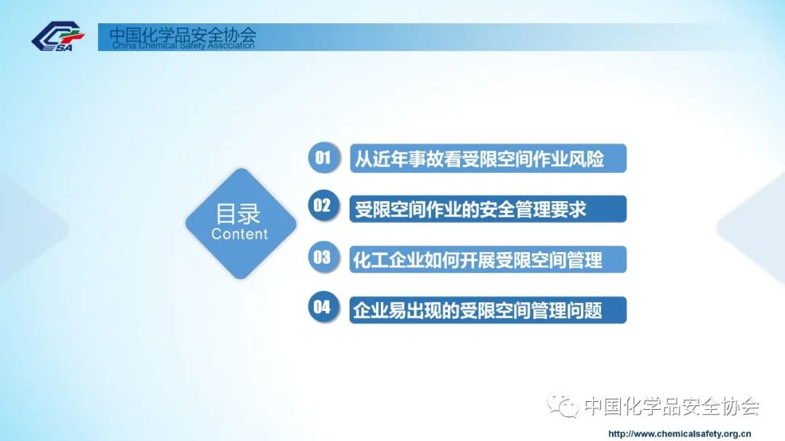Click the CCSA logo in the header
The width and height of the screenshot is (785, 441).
(x=58, y=36)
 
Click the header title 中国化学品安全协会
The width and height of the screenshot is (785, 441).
(x=182, y=35)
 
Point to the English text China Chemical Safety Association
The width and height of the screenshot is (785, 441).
(x=183, y=46)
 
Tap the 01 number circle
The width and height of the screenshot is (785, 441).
(x=323, y=158)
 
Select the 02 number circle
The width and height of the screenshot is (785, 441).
(x=323, y=206)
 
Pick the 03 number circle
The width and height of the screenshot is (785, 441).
(x=323, y=257)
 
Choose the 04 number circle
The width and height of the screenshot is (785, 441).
(x=323, y=307)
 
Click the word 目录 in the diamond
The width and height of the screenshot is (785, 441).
(x=238, y=214)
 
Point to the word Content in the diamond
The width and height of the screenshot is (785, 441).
(x=239, y=234)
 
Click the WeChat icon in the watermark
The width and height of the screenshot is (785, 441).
(x=563, y=405)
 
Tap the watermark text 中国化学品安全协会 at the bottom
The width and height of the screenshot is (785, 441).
(x=672, y=406)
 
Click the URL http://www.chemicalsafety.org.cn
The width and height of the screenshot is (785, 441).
(x=680, y=434)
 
